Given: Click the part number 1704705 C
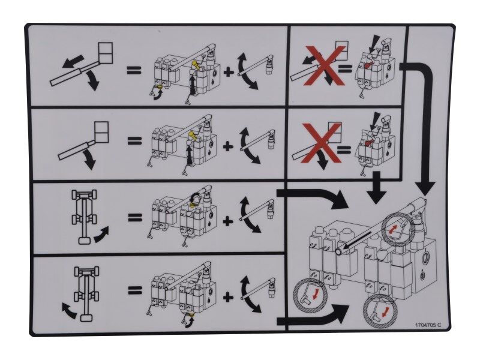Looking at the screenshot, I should point(427,325).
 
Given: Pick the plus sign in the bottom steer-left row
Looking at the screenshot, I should point(227,295).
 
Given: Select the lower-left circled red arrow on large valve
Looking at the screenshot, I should point(310,293).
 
